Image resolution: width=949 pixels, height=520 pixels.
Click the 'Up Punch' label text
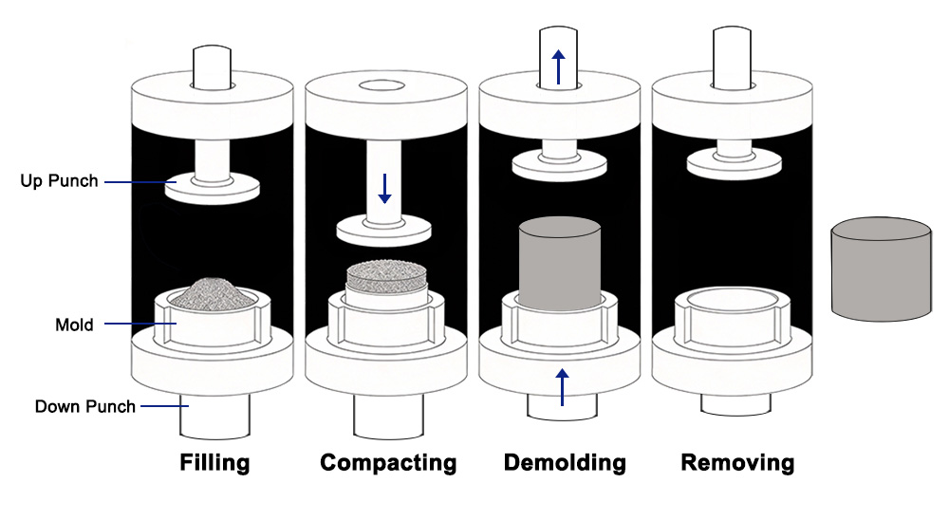59,180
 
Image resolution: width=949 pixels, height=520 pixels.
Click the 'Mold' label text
74,325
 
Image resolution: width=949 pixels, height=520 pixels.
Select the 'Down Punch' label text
85,407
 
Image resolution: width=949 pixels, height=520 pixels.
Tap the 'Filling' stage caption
214,463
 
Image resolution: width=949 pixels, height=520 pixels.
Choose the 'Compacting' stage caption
388,463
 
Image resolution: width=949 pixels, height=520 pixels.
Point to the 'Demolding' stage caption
565,463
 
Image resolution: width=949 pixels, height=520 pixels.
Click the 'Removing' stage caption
737,463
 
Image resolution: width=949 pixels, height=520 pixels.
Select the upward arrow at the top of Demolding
559,66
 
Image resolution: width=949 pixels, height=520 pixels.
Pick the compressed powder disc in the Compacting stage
386,277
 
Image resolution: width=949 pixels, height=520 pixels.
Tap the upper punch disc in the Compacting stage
384,229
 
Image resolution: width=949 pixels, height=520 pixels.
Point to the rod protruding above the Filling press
214,65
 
